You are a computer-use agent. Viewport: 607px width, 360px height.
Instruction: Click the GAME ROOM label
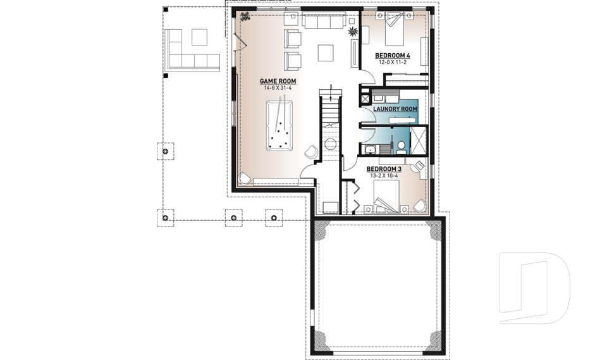[x=278, y=82]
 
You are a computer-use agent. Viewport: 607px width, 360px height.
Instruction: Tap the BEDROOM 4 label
[x=393, y=56]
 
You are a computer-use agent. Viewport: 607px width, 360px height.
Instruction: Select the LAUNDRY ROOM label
[x=395, y=109]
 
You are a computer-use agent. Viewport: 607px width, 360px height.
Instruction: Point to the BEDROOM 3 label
[x=384, y=169]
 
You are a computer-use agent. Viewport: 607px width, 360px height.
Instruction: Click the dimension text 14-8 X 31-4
[x=278, y=88]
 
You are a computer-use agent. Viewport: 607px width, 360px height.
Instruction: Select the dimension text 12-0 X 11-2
[x=393, y=62]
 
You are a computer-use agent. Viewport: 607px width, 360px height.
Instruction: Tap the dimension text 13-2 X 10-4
[x=384, y=175]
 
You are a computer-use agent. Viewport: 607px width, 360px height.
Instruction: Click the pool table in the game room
[x=279, y=126]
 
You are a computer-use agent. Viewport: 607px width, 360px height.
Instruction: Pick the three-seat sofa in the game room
[x=324, y=22]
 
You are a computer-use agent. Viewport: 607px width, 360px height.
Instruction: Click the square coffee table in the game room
[x=326, y=53]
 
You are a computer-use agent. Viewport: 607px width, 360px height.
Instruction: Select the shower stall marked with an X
[x=418, y=140]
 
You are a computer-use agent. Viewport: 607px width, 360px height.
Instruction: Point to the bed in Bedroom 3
[x=386, y=196]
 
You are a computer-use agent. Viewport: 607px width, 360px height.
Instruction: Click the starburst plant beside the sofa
[x=353, y=32]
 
